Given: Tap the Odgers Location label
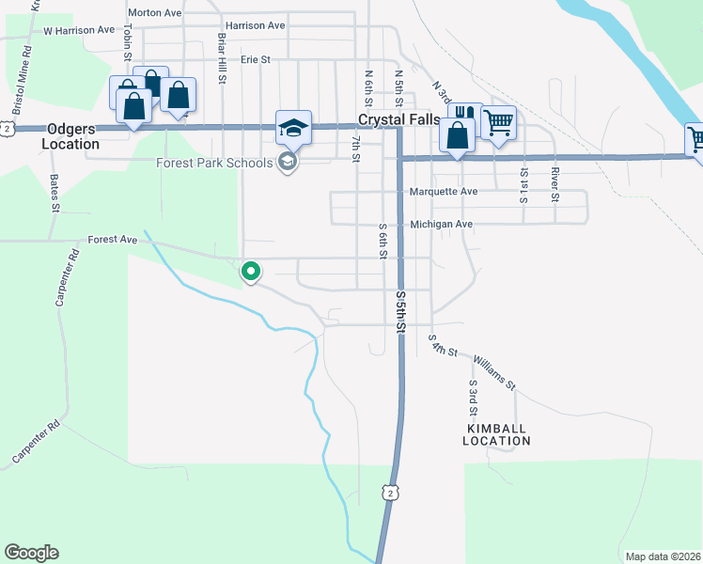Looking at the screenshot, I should pos(70,137).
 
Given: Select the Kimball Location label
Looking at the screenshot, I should pos(497,434).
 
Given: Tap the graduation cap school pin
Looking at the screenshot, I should pos(293,128).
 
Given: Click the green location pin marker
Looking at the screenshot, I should pos(251,272).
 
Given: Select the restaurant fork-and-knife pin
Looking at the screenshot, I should pos(466,115).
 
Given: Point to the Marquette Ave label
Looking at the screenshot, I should pos(445,192).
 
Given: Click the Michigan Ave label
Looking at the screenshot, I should pos(441,225).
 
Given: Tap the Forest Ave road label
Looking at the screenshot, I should pos(113,240).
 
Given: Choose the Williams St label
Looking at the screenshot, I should pos(494,372).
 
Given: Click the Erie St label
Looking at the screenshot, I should pos(255,59).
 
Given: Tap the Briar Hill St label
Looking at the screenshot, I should pos(223,59).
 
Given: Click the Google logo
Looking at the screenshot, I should pos(31,553).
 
